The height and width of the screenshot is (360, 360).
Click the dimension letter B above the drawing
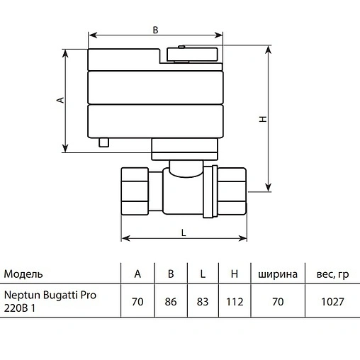(156, 30)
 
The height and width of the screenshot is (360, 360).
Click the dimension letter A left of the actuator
(61, 100)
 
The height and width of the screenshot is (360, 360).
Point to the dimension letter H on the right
(262, 120)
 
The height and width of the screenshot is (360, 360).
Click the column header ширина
(277, 274)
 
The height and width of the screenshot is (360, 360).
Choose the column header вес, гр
(332, 274)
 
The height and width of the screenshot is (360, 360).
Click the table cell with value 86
(171, 301)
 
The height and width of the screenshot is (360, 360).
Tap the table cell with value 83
(203, 301)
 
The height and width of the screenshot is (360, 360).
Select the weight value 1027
(332, 301)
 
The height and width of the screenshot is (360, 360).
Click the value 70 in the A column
(137, 301)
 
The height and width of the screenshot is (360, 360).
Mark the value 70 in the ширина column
(277, 301)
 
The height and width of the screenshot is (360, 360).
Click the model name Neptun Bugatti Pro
(50, 295)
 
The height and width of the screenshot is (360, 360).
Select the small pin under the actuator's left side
(106, 142)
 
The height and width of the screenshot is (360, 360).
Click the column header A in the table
(137, 274)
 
